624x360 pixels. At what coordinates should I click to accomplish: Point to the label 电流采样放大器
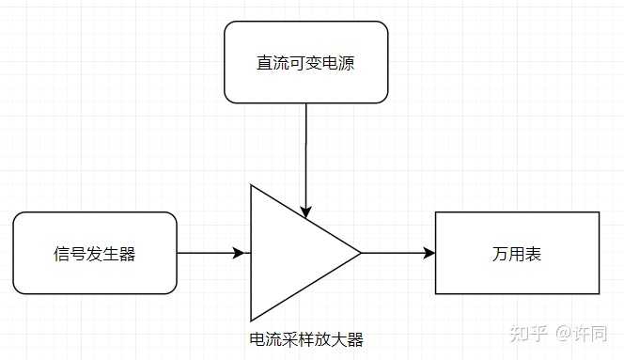pyautogui.click(x=305, y=339)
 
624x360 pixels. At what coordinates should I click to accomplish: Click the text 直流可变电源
pyautogui.click(x=305, y=63)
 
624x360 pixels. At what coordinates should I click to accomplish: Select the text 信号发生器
pyautogui.click(x=95, y=253)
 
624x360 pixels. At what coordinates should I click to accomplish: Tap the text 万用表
pyautogui.click(x=517, y=254)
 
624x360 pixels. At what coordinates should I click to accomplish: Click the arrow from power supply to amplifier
pyautogui.click(x=305, y=150)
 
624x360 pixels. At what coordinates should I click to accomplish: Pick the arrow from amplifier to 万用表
pyautogui.click(x=395, y=253)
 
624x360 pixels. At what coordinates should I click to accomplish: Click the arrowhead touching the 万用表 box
pyautogui.click(x=429, y=253)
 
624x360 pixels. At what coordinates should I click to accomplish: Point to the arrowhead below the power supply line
pyautogui.click(x=305, y=210)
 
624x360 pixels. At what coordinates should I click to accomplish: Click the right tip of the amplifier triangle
pyautogui.click(x=360, y=252)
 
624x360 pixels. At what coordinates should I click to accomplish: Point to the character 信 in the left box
pyautogui.click(x=62, y=253)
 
